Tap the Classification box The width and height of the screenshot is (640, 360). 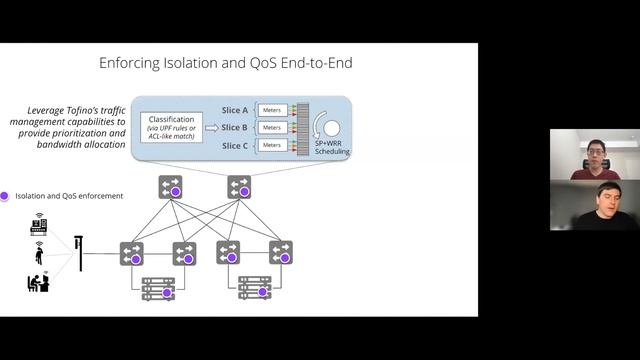171,127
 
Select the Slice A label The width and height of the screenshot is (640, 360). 235,110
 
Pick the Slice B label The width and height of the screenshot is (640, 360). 235,127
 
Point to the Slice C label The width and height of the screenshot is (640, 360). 235,145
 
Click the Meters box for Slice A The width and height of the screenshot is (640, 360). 272,110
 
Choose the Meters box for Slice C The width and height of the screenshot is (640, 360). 272,145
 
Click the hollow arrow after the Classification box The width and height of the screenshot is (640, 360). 212,128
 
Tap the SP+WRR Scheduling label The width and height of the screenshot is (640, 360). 332,147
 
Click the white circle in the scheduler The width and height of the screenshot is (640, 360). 332,128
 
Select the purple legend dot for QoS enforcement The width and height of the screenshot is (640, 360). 4,196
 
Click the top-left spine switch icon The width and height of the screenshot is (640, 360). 170,187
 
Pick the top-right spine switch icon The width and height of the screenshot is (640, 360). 239,187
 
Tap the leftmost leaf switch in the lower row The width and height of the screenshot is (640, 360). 131,253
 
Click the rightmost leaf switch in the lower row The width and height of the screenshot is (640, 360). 281,252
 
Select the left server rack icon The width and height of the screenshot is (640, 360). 158,289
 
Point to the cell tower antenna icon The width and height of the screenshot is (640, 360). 79,253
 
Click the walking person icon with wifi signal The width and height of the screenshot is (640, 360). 39,253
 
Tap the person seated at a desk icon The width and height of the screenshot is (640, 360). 38,282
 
